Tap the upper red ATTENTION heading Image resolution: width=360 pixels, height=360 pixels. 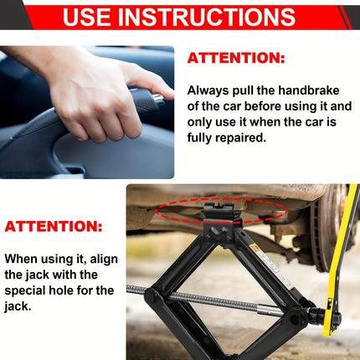click(235, 58)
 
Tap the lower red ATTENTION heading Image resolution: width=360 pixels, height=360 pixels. click(54, 226)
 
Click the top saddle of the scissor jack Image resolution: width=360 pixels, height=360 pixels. click(222, 213)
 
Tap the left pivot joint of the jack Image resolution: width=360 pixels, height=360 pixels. click(154, 296)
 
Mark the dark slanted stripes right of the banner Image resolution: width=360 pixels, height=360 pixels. click(345, 17)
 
